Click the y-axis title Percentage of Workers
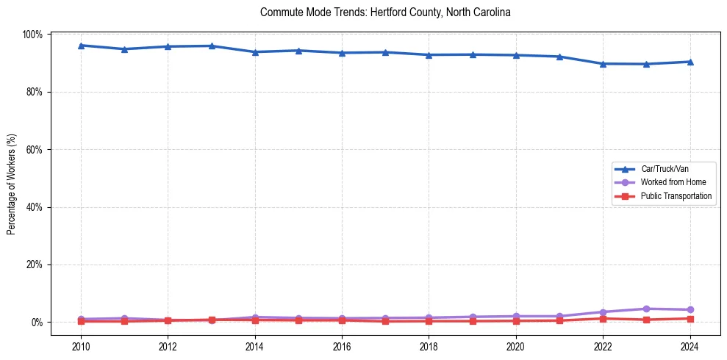pos(12,179)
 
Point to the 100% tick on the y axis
pos(34,35)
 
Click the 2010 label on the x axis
pos(81,346)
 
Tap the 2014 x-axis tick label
pos(254,346)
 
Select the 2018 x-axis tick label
pos(429,346)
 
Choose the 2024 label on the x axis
pos(690,346)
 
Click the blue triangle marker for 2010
pos(81,46)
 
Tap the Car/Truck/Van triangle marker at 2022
pos(603,63)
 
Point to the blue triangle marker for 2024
pos(690,62)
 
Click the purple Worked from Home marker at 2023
pos(646,309)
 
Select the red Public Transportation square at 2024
pos(690,319)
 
